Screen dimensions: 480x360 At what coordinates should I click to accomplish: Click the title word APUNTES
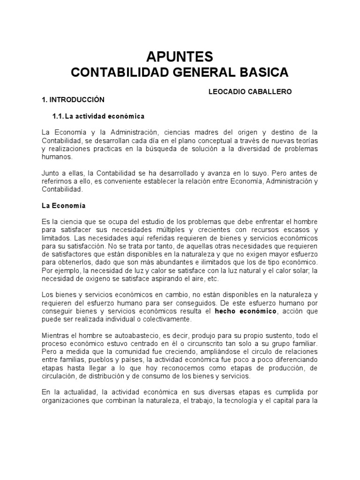click(x=180, y=57)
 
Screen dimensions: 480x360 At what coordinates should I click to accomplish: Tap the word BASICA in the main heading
click(x=265, y=73)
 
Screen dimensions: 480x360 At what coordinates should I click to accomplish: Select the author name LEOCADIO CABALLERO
click(x=249, y=92)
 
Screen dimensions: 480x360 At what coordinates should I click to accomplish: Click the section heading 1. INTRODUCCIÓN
click(x=73, y=100)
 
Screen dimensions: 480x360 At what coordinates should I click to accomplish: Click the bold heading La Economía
click(x=64, y=205)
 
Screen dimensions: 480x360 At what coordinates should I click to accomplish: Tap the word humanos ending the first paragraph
click(x=54, y=157)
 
